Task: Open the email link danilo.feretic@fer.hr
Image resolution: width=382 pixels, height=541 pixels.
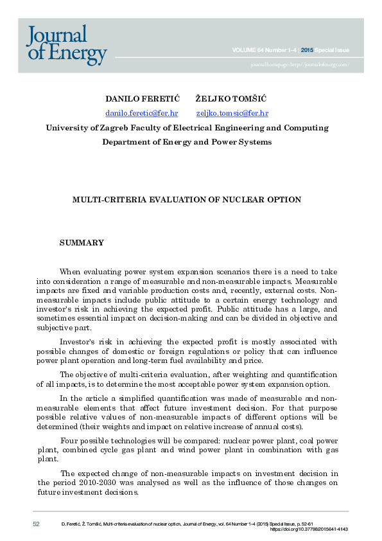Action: tap(141, 112)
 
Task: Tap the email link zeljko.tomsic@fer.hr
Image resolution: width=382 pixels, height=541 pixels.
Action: tap(232, 112)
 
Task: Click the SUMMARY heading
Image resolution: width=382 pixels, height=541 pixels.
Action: tap(82, 243)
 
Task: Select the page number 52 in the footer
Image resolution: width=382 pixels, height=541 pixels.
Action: tap(36, 524)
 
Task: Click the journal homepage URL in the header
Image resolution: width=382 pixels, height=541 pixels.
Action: tap(300, 65)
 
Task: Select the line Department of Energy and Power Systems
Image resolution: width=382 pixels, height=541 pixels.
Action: tap(187, 142)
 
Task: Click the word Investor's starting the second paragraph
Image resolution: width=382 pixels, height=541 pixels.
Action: tap(78, 342)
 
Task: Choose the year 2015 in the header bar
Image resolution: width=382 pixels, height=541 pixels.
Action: tap(307, 50)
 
